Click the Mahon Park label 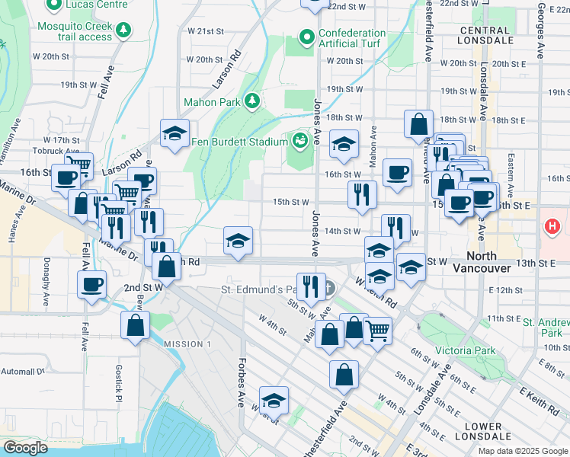[211, 101]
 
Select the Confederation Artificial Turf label [352, 39]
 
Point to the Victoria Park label [465, 351]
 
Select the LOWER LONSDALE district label [482, 431]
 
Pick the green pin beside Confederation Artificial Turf [307, 37]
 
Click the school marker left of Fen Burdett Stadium [175, 133]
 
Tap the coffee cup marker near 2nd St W [91, 285]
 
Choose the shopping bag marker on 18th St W [419, 123]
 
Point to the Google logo [25, 448]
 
